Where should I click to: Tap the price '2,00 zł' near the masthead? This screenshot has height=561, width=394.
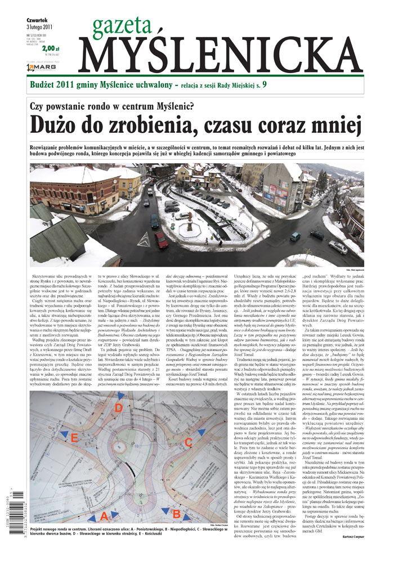[x=50, y=48]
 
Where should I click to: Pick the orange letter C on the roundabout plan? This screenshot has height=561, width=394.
[x=189, y=442]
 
